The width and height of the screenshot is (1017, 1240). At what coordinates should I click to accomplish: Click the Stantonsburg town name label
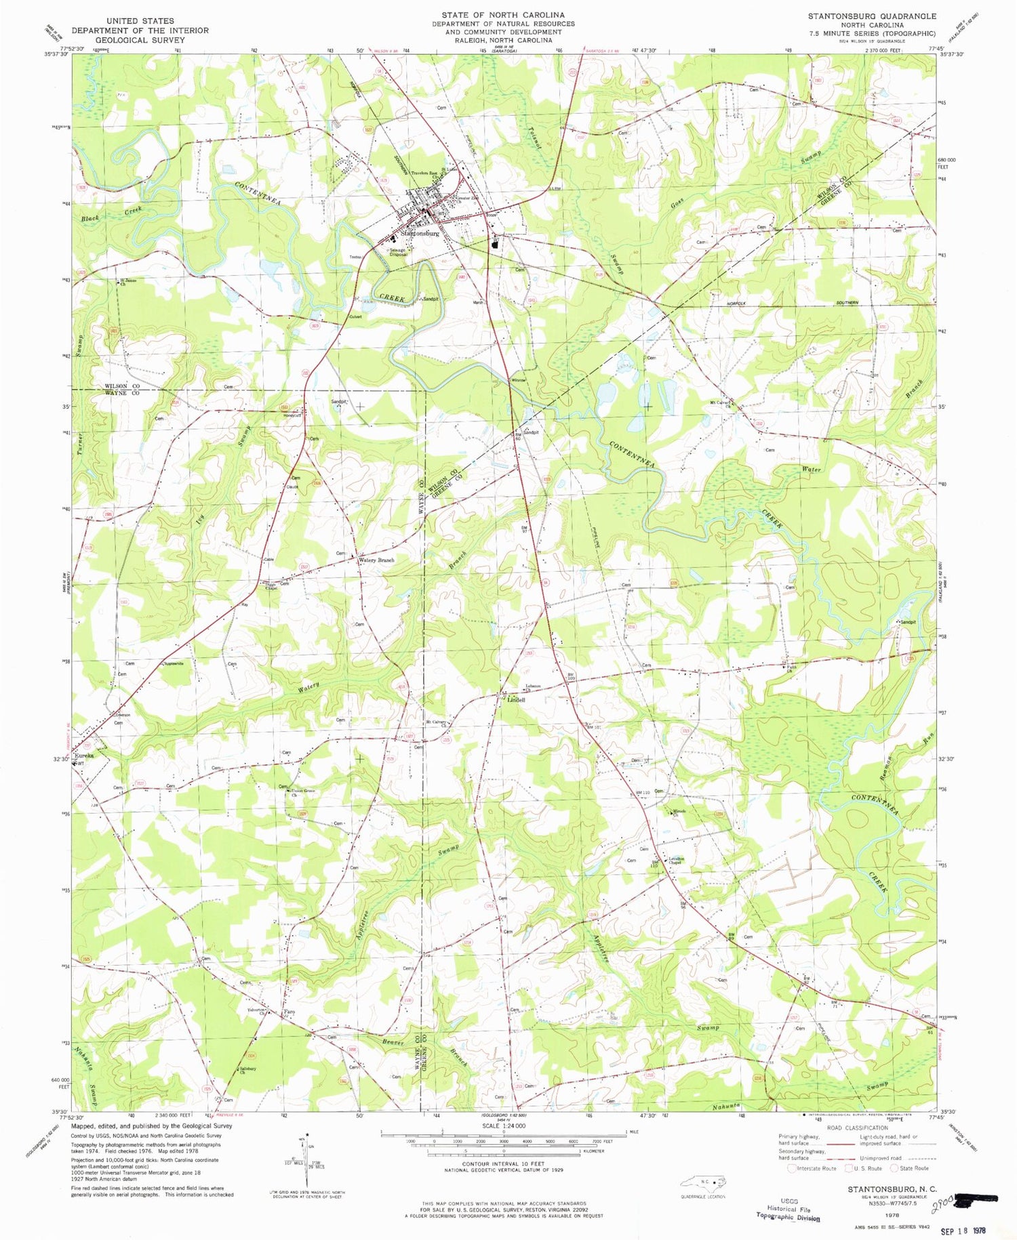coord(420,233)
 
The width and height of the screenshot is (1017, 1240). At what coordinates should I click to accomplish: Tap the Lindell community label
coord(516,700)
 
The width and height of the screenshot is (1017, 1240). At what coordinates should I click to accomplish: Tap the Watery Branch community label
coord(376,560)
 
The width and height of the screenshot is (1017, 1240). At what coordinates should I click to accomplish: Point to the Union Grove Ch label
coord(304,792)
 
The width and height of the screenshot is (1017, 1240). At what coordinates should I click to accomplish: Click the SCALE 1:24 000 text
coord(503,1125)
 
